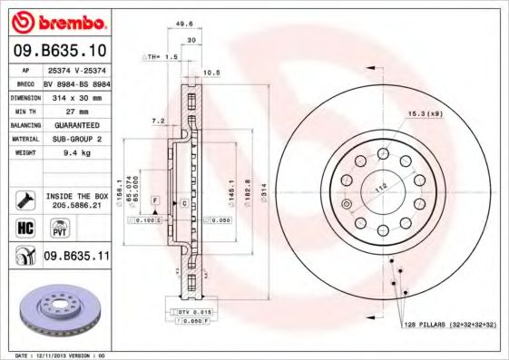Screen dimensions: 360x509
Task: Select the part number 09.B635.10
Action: (59, 49)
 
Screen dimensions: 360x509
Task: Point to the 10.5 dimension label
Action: (212, 73)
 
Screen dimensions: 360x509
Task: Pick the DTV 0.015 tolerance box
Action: (188, 312)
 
